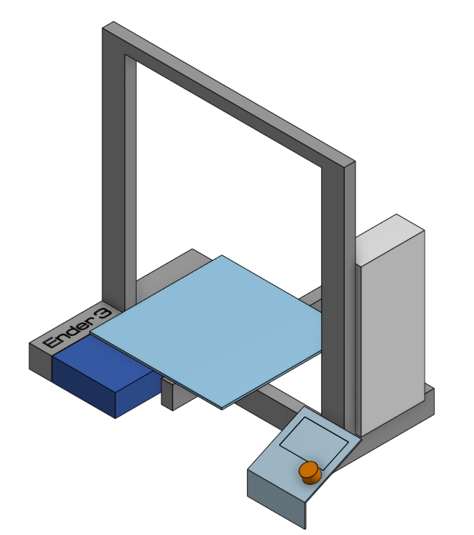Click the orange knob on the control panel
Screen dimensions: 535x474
309,472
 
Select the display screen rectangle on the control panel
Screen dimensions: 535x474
313,439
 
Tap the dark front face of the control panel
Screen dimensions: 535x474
276,494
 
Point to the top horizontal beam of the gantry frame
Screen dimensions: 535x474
233,94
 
